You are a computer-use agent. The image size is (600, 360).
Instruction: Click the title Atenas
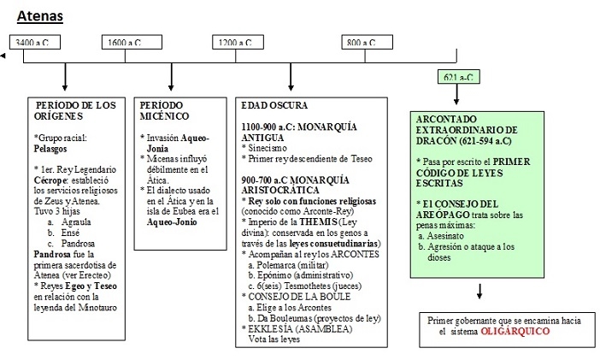click(40, 15)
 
